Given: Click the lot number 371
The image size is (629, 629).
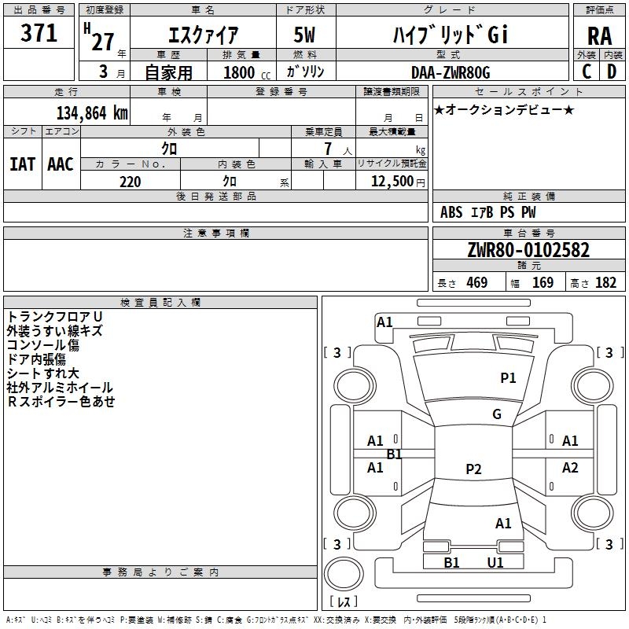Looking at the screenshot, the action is [39, 33].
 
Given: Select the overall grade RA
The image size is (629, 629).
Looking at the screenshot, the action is [599, 36].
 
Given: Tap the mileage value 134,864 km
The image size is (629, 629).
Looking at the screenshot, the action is [92, 113].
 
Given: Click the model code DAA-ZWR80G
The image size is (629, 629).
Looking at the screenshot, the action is [451, 72].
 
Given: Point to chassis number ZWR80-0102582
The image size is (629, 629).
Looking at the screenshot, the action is [528, 250].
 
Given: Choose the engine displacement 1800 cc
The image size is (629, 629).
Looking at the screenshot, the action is [247, 72].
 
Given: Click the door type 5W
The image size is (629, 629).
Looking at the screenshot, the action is [304, 35].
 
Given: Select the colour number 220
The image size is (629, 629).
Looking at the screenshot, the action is [130, 182].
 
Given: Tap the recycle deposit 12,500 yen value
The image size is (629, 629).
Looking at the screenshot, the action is [398, 182].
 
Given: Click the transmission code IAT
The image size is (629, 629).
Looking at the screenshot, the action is [22, 164].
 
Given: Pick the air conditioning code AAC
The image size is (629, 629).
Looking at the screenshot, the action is [61, 164].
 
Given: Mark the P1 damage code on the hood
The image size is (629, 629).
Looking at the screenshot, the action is [508, 377].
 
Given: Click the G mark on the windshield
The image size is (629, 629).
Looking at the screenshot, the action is [497, 414].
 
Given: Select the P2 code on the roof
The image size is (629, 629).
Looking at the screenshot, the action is [473, 469].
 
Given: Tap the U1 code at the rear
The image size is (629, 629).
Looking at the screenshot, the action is [495, 562].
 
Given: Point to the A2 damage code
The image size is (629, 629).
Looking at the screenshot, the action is [570, 467].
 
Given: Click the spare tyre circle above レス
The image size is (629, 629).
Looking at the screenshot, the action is [344, 574].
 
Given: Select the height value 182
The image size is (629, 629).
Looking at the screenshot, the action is [605, 282].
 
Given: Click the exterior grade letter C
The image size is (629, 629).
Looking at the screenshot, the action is [587, 72].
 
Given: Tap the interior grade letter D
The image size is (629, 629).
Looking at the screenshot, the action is [612, 72].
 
